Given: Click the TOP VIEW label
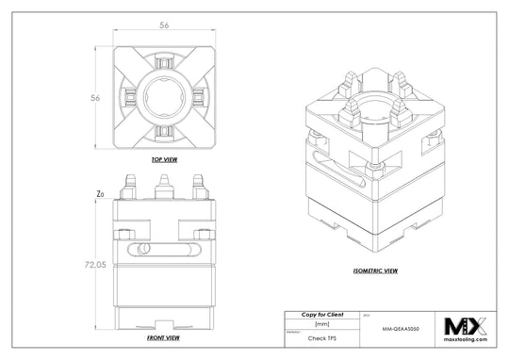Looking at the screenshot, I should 165,160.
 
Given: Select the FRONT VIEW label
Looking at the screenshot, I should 165,336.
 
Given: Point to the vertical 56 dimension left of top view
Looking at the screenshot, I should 94,97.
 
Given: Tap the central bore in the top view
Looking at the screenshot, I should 165,97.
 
